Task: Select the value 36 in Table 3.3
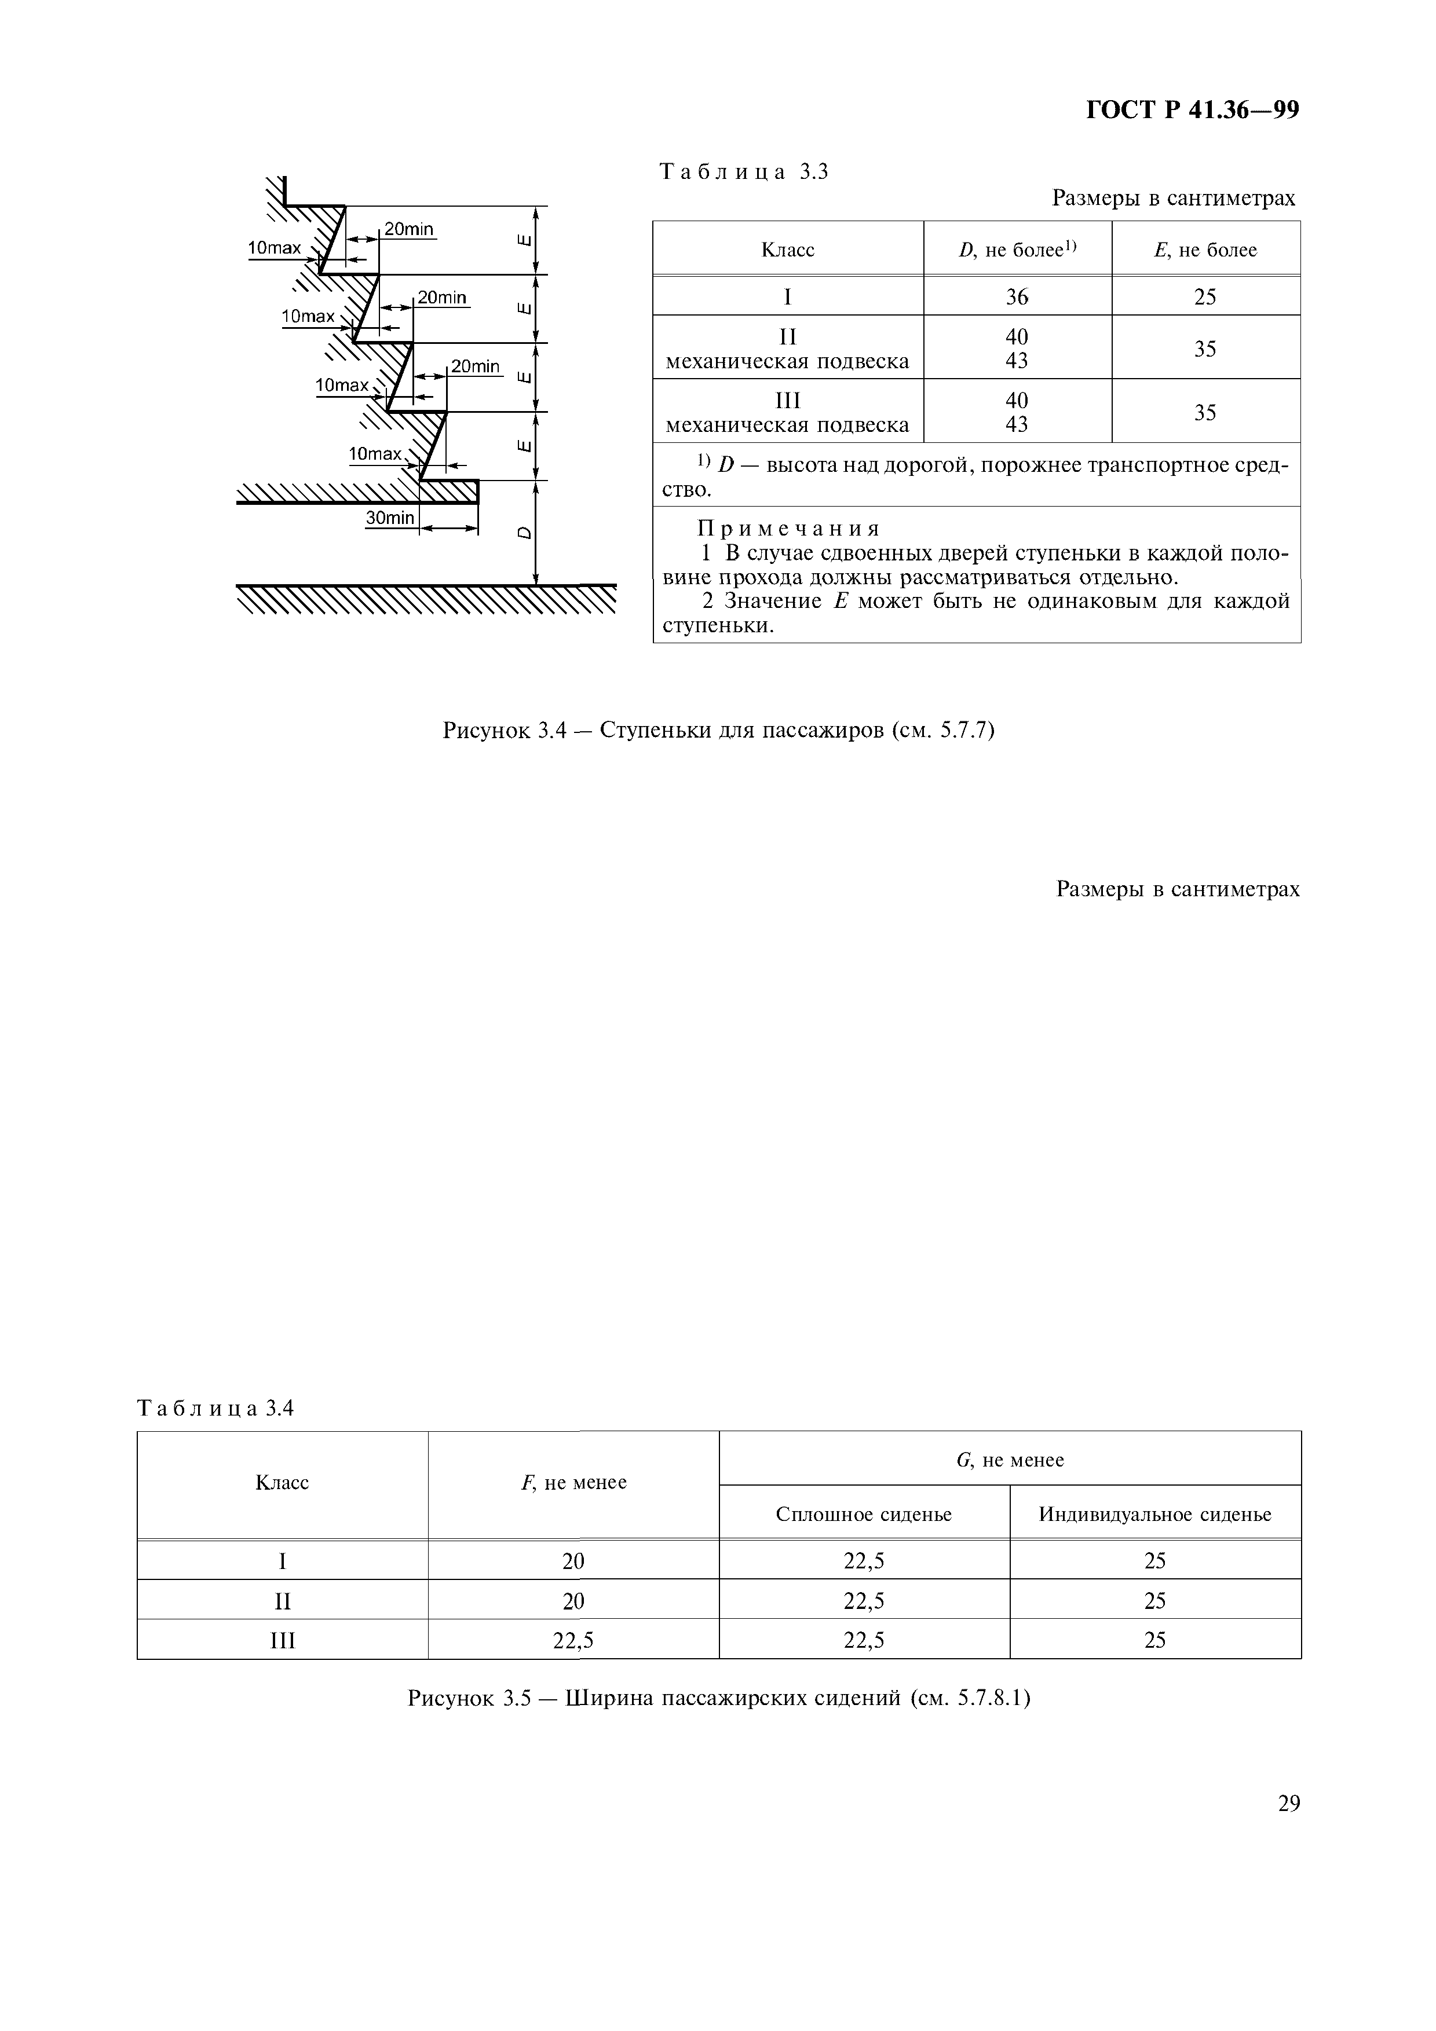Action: pos(1017,297)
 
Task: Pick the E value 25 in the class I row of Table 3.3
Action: pos(1205,297)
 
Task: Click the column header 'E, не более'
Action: pos(1205,250)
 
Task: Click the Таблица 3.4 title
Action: pos(215,1408)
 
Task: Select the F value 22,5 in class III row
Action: pos(573,1641)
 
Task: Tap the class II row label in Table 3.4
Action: pos(282,1601)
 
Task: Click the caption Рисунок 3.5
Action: pos(718,1699)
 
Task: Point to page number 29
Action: pos(1289,1803)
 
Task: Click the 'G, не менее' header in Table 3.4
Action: pos(1010,1460)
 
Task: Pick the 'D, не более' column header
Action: pos(1017,250)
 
